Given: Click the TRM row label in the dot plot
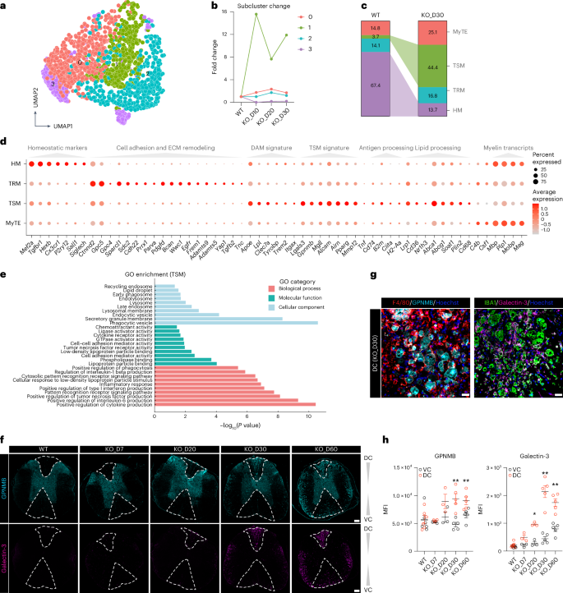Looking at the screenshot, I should click(16, 184).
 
